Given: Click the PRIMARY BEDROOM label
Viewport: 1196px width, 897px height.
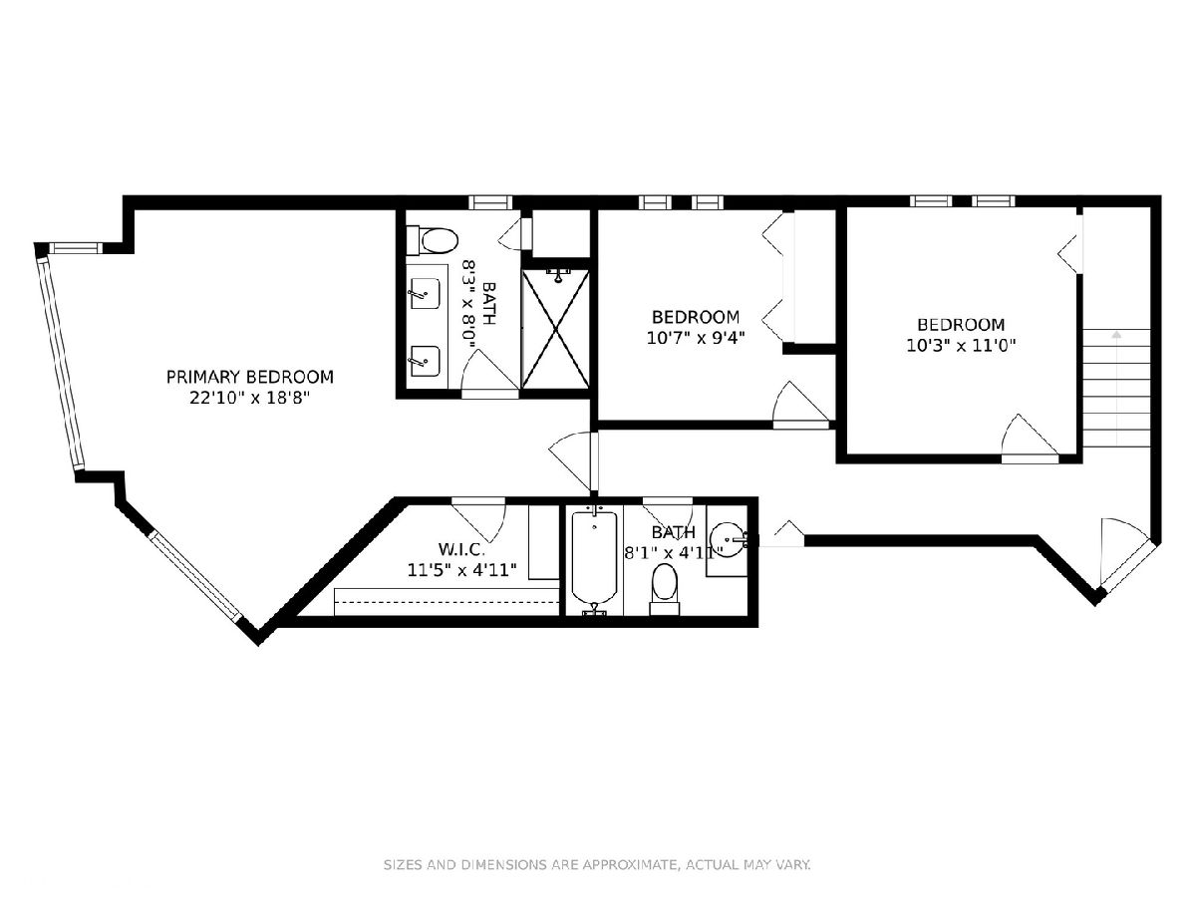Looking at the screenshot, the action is coord(249,377).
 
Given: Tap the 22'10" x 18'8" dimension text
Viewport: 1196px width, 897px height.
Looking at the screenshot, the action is coord(249,398).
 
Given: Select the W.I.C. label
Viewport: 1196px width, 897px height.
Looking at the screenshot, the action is coord(461,548).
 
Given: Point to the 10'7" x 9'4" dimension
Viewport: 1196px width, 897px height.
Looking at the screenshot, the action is coord(696,338).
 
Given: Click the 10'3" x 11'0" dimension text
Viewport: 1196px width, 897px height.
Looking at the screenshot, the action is coord(961,345).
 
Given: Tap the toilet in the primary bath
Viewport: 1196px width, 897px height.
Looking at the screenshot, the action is coord(433,241).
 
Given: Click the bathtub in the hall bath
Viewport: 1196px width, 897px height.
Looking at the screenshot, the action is coord(594,561).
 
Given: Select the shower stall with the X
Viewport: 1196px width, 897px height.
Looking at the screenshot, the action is coord(555,329).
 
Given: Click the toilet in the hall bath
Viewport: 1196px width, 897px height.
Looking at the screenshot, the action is coord(664,589).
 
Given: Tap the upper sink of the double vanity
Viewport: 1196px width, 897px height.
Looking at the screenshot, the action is coord(425,294).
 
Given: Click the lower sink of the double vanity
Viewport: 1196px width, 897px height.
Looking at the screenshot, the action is coord(425,361).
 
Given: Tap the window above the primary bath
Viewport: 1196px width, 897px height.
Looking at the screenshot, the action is coord(490,202).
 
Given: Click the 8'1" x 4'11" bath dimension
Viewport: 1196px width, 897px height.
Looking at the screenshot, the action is coord(674,552).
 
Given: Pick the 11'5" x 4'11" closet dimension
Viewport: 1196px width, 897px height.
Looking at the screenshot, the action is coord(461,570).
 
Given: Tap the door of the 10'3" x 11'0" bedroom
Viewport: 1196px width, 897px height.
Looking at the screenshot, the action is coord(1030,439).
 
